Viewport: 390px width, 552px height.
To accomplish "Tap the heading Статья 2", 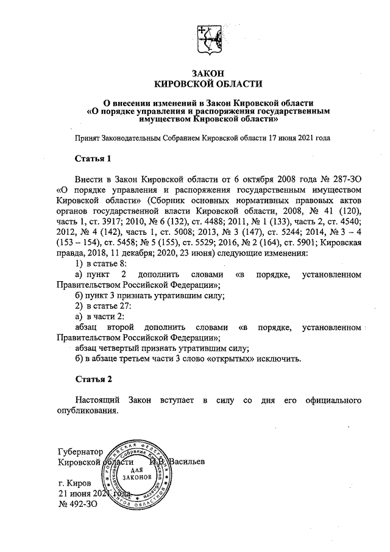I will click(x=93, y=379).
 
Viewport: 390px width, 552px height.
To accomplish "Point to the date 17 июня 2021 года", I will click(x=300, y=138).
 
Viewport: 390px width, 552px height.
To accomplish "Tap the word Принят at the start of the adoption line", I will click(x=87, y=138).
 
